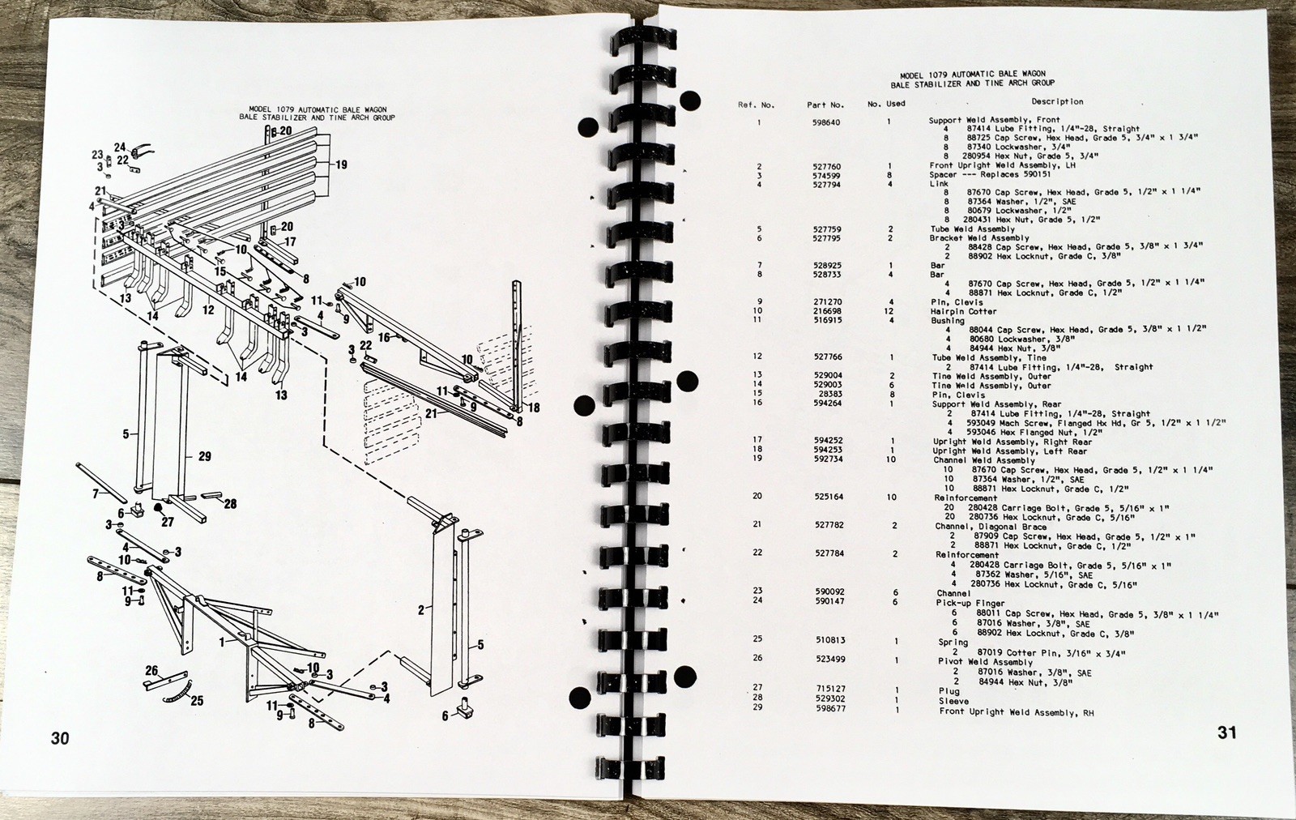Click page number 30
(60, 738)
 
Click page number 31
(1226, 733)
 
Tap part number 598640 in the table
(826, 122)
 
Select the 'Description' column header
(1057, 102)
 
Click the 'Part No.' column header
(825, 105)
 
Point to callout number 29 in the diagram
(204, 457)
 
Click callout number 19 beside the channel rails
(341, 165)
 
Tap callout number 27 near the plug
(167, 522)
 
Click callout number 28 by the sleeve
(230, 504)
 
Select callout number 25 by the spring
(197, 701)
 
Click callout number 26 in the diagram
(151, 670)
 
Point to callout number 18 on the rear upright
(533, 408)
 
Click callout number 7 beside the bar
(96, 493)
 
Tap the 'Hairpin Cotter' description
(964, 311)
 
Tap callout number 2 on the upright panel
(421, 611)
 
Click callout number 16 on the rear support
(384, 337)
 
